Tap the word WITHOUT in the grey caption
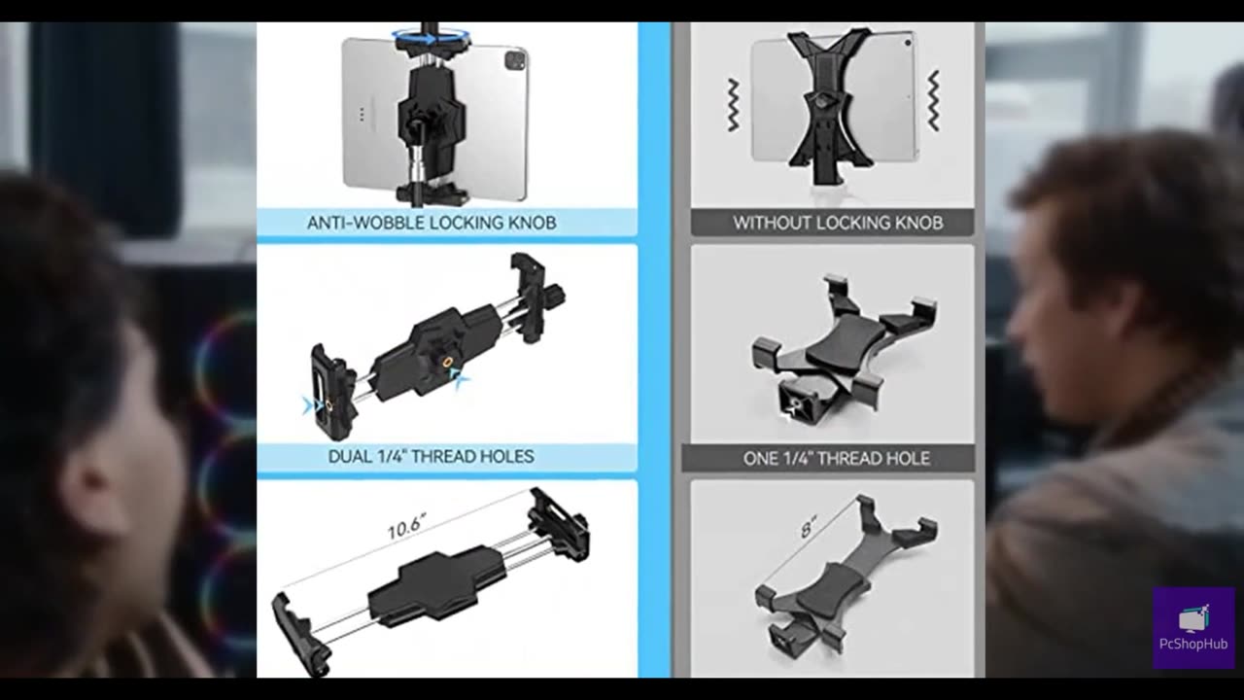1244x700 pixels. [x=772, y=223]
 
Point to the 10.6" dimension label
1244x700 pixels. [x=407, y=527]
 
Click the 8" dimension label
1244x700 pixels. [x=808, y=527]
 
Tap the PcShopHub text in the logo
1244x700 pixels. [x=1192, y=644]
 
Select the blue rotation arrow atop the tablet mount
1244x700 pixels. [x=431, y=38]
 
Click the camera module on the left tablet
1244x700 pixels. [x=515, y=59]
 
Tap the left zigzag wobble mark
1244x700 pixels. [x=734, y=104]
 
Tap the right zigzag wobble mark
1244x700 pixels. [x=934, y=100]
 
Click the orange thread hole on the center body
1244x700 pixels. [x=447, y=363]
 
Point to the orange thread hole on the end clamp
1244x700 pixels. [x=328, y=406]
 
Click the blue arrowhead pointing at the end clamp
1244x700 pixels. [x=308, y=405]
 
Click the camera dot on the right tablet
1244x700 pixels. [x=908, y=42]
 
